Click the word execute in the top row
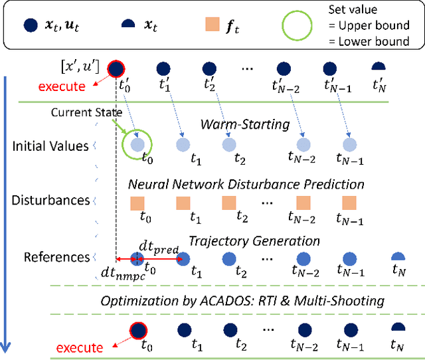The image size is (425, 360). click(x=62, y=86)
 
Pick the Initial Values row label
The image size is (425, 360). click(x=51, y=145)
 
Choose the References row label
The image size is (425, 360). click(x=56, y=256)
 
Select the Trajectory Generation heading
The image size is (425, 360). click(x=254, y=240)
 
